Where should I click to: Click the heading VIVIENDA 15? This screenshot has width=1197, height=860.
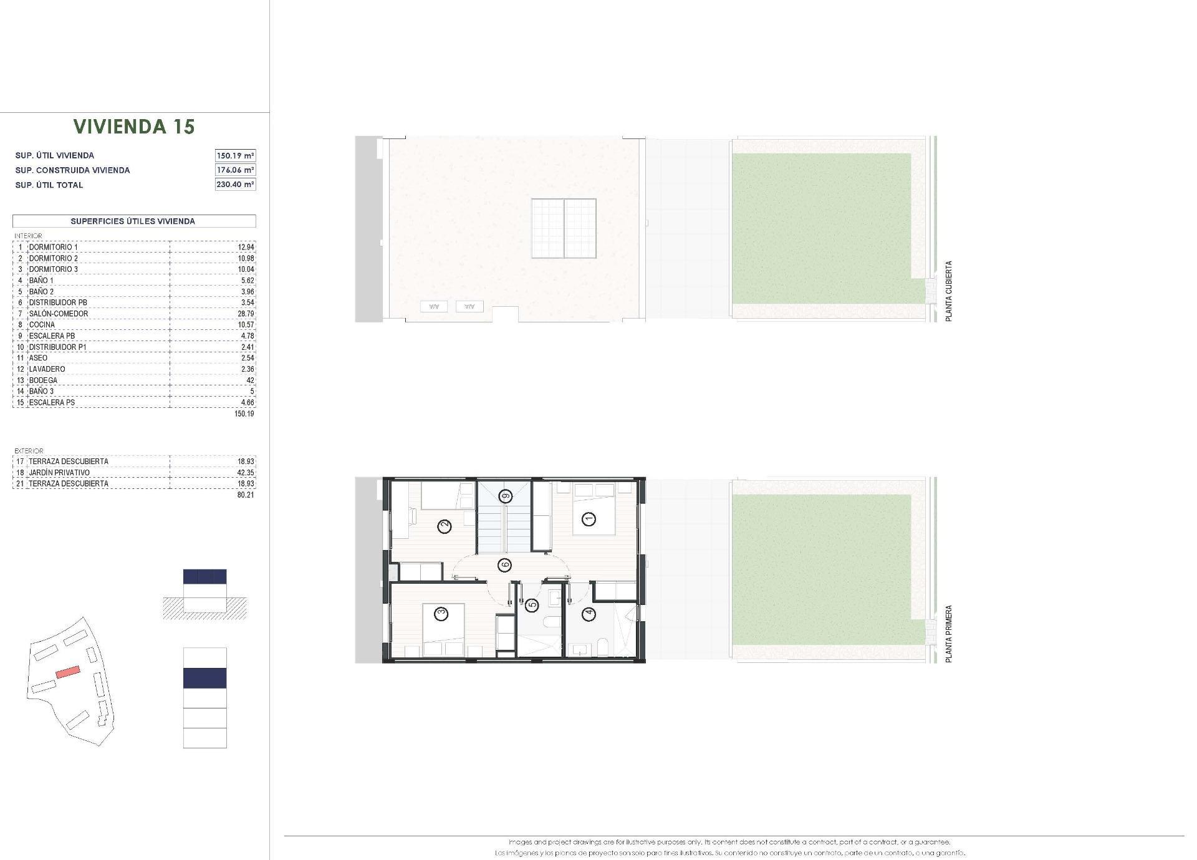point(134,127)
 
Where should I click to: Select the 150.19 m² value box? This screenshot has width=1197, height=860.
point(235,155)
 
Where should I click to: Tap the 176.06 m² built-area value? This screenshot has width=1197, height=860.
point(235,170)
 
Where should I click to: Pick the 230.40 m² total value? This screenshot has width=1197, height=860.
point(235,184)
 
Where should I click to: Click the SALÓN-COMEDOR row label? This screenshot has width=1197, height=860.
point(59,314)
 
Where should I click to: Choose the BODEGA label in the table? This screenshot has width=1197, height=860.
point(43,380)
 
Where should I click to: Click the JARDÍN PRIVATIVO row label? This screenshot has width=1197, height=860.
point(59,473)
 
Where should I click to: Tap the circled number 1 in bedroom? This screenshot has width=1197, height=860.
point(588,518)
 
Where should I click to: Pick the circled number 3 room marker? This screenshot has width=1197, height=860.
point(441,614)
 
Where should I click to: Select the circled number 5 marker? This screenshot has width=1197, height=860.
point(532,604)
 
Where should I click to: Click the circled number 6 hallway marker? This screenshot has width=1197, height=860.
point(505,565)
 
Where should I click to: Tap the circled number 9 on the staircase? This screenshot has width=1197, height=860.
point(505,496)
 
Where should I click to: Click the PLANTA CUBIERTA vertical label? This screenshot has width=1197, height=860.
point(949,291)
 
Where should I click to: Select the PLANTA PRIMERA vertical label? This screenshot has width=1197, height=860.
point(949,634)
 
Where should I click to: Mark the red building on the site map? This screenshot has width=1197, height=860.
point(68,672)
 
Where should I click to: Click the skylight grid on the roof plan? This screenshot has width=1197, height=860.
point(564,228)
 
